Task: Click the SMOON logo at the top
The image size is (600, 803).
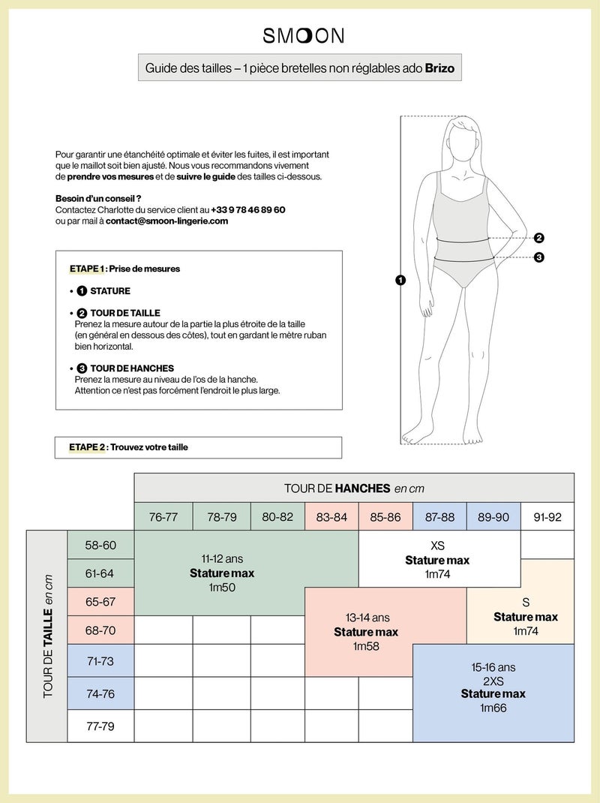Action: click(x=304, y=35)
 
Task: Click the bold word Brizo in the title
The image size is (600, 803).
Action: click(x=439, y=68)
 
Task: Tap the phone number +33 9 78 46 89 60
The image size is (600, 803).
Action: click(x=248, y=209)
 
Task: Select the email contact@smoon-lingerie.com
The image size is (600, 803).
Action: click(x=167, y=221)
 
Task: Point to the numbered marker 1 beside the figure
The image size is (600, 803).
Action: click(x=400, y=280)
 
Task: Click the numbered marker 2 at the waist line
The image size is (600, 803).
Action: click(x=538, y=238)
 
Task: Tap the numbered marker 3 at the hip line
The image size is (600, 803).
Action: click(x=538, y=257)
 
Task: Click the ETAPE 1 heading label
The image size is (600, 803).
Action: click(x=87, y=269)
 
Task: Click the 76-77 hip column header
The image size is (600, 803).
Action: click(x=163, y=517)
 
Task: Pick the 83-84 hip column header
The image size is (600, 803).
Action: click(x=331, y=517)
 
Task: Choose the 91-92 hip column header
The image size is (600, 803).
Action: click(x=547, y=517)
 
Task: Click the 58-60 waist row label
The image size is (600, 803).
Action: click(x=100, y=545)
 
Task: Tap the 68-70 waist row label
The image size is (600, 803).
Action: click(x=100, y=630)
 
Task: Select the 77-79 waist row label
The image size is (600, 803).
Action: click(x=100, y=726)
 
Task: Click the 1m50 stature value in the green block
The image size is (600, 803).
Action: click(x=222, y=587)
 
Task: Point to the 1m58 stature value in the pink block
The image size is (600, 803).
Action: click(x=366, y=646)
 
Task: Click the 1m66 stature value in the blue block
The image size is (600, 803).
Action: click(x=493, y=708)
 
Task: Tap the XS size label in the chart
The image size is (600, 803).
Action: click(x=438, y=546)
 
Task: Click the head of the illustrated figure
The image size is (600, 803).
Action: click(x=464, y=140)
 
